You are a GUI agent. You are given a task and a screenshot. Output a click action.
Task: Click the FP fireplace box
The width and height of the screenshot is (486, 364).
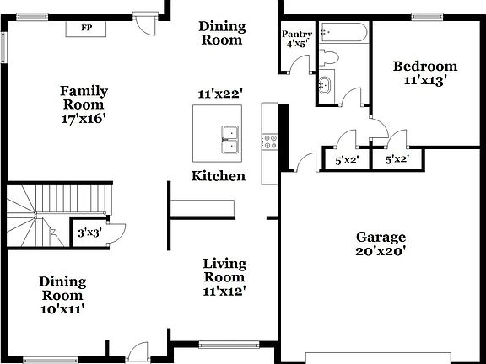click(86, 28)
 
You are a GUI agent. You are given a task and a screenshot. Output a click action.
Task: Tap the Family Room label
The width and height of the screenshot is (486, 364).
click(84, 98)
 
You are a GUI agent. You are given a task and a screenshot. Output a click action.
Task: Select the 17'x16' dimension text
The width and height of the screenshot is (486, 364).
click(84, 119)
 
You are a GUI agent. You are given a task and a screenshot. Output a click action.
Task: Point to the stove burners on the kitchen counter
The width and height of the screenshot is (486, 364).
click(270, 142)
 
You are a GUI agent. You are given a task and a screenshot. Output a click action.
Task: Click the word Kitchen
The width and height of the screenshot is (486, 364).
click(219, 176)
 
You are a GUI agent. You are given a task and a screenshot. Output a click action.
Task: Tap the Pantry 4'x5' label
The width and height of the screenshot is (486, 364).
click(296, 39)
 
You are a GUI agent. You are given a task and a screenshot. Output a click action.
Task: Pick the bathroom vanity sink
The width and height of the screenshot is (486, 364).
click(325, 84)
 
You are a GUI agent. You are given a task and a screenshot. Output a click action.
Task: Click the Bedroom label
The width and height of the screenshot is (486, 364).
click(425, 66)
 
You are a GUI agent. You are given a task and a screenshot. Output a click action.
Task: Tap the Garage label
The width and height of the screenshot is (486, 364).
click(381, 237)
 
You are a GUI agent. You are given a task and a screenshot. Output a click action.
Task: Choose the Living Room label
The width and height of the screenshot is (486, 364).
click(224, 270)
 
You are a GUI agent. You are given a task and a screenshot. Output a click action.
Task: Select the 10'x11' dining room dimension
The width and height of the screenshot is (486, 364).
click(62, 309)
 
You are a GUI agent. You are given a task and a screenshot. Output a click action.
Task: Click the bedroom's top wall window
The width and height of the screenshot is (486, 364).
click(427, 16)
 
